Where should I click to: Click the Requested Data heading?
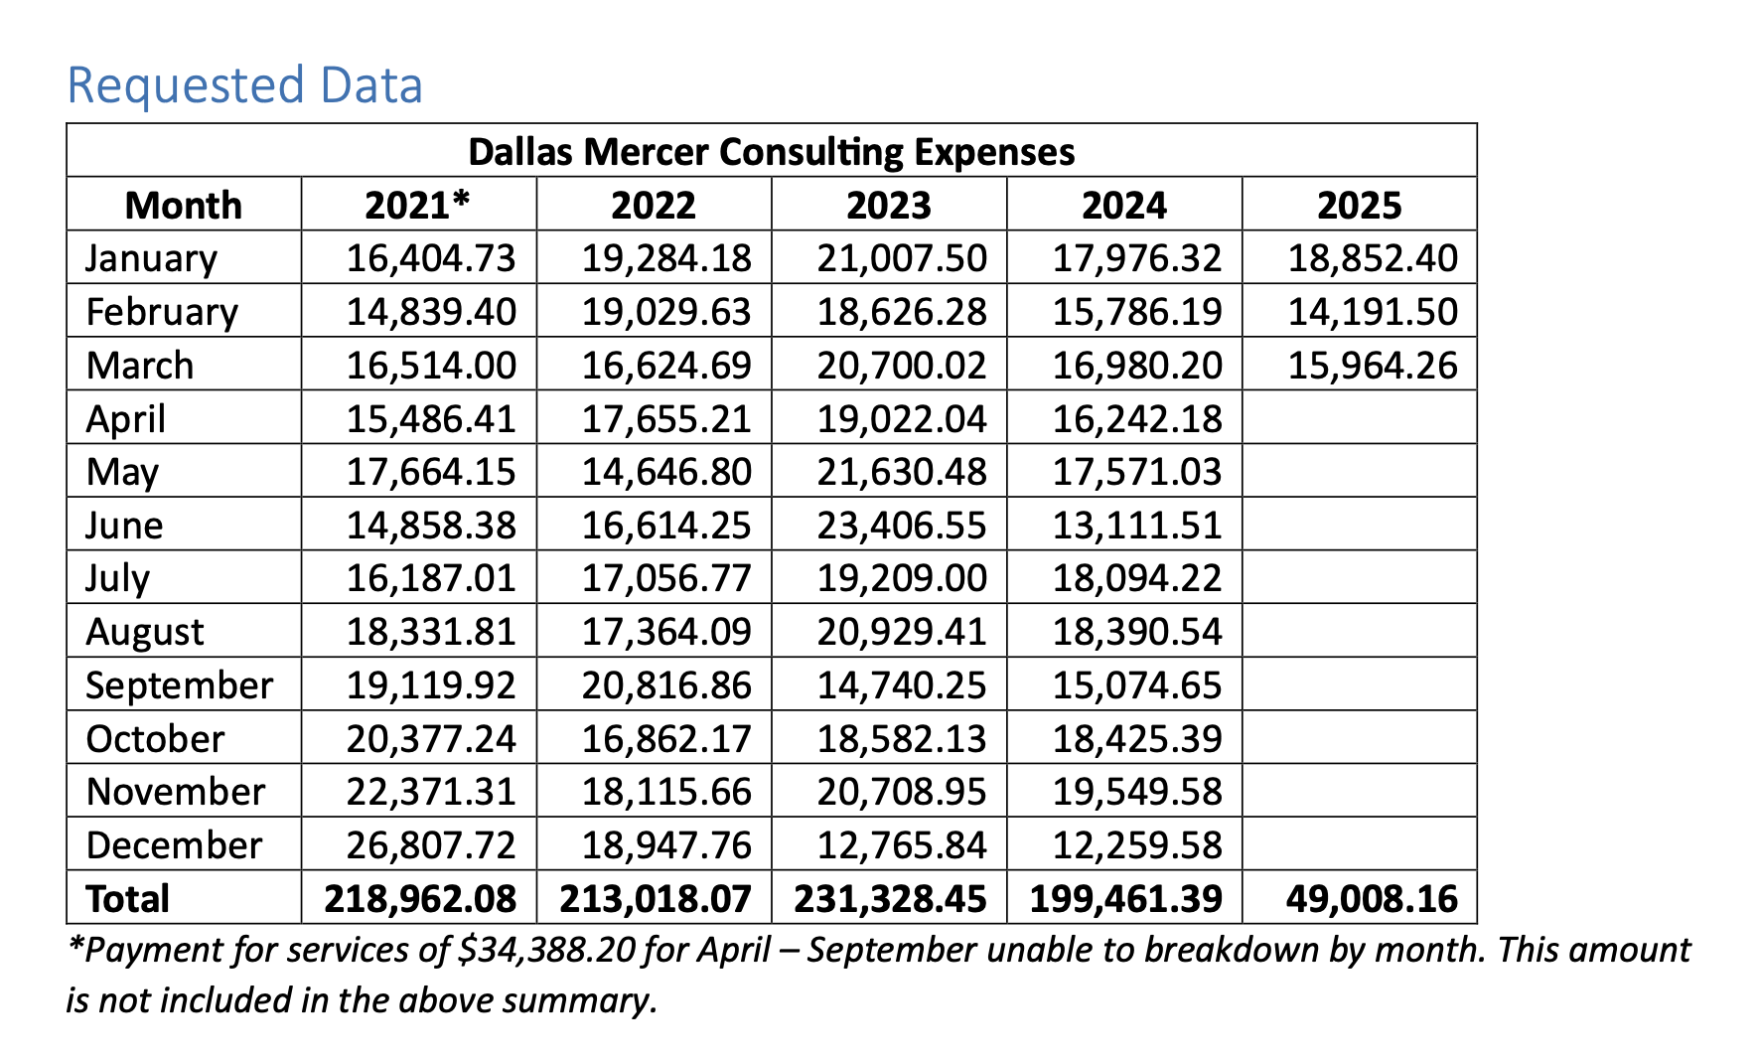pyautogui.click(x=244, y=85)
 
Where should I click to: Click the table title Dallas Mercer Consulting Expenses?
pyautogui.click(x=771, y=152)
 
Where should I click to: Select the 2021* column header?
pyautogui.click(x=417, y=206)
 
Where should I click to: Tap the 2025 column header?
pyautogui.click(x=1359, y=206)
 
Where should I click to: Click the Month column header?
pyautogui.click(x=184, y=206)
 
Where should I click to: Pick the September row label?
pyautogui.click(x=179, y=685)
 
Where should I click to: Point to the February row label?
pyautogui.click(x=162, y=312)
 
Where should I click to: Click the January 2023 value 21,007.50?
pyautogui.click(x=902, y=258)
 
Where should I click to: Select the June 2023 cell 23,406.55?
pyautogui.click(x=902, y=526)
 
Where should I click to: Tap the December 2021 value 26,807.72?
pyautogui.click(x=431, y=845)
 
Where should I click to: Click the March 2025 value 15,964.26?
pyautogui.click(x=1373, y=366)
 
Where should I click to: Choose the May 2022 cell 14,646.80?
pyautogui.click(x=666, y=472)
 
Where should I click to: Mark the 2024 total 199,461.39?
pyautogui.click(x=1125, y=899)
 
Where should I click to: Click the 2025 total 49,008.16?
pyautogui.click(x=1372, y=899)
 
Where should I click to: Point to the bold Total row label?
pyautogui.click(x=128, y=899)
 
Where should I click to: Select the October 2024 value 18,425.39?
pyautogui.click(x=1137, y=739)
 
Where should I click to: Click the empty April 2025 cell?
pyautogui.click(x=1359, y=418)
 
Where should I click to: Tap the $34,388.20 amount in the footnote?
pyautogui.click(x=546, y=951)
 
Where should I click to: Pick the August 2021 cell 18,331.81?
pyautogui.click(x=431, y=632)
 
